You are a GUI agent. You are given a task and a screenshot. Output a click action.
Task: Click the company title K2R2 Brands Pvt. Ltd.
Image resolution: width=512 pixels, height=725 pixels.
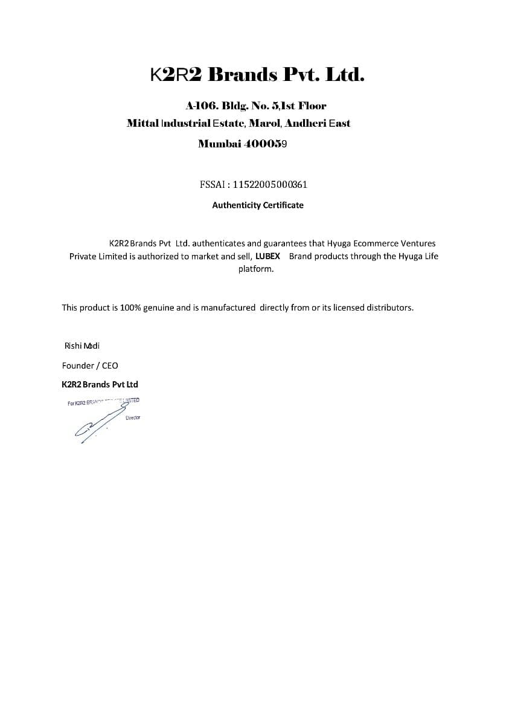pos(257,75)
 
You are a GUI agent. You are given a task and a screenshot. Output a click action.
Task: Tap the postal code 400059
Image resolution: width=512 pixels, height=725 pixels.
pos(265,144)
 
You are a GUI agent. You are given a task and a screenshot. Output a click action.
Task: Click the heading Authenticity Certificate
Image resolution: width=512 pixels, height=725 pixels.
pos(258,205)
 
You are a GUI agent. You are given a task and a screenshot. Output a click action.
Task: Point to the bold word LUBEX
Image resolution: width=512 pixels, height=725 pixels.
pos(267,256)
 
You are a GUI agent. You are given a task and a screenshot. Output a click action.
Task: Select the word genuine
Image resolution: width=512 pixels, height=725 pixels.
pos(158,308)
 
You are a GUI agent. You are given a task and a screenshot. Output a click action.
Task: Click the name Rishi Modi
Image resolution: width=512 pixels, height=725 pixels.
pos(82,346)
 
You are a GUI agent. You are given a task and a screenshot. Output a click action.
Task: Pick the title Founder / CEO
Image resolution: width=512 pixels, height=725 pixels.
pos(90,366)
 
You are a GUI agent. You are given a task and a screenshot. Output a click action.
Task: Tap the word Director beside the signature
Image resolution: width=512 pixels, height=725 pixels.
pos(133,417)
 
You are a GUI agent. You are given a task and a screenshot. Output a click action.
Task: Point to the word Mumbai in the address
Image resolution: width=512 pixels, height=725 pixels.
pos(220,144)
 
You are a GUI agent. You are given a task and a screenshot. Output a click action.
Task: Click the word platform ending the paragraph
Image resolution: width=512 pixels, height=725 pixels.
pos(255,269)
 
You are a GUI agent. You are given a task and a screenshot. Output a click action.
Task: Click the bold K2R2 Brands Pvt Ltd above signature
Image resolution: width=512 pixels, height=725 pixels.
pos(100,384)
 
